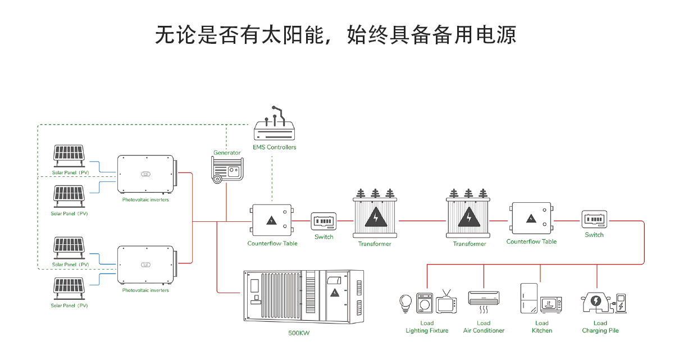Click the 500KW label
pos(299,333)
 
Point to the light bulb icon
pos(406,303)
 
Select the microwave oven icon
pos(550,304)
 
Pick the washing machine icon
pos(425,303)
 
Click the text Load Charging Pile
pos(600,327)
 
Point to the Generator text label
pos(227,153)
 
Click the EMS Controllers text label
pos(275,147)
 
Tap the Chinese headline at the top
pos(335,35)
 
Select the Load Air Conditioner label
pos(484,327)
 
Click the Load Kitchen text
pos(542,327)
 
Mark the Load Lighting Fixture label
pos(427,327)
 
